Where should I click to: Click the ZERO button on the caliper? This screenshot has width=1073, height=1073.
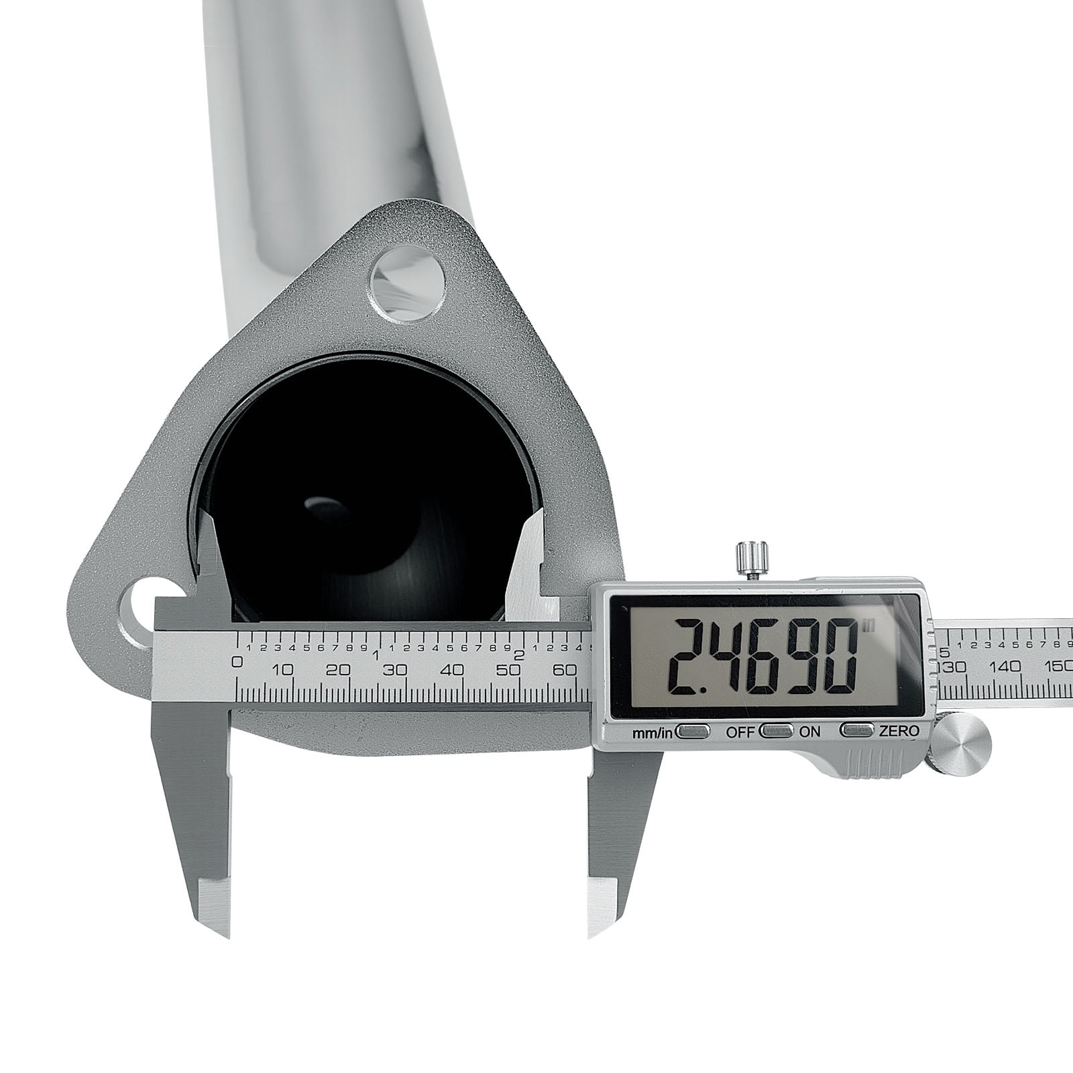(x=858, y=730)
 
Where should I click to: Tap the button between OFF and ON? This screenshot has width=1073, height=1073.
(x=777, y=730)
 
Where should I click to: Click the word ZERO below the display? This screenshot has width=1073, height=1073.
(x=899, y=731)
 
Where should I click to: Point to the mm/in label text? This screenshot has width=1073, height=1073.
(x=652, y=733)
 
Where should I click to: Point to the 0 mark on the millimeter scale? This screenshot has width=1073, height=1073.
(x=236, y=663)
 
